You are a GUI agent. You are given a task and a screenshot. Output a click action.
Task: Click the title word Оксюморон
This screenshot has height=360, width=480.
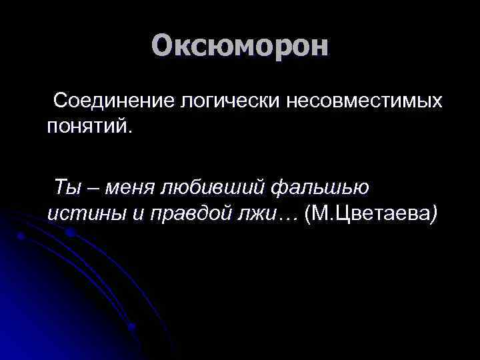click(240, 46)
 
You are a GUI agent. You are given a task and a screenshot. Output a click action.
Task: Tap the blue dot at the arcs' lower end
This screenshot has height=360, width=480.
click(132, 327)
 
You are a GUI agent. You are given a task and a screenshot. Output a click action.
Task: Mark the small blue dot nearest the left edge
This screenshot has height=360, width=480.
click(20, 236)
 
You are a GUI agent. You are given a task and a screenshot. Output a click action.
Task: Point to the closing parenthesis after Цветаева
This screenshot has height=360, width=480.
click(435, 213)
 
